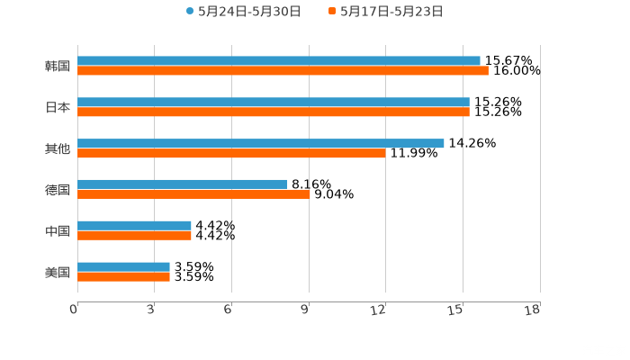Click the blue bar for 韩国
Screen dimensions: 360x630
[x=279, y=60]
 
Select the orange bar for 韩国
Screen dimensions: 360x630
[x=283, y=70]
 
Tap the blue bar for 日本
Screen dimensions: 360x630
[x=274, y=102]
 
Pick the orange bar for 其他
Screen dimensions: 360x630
[x=231, y=153]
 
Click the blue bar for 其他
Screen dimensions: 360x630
[x=261, y=143]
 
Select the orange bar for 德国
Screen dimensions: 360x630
[x=193, y=194]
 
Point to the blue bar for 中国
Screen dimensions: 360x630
[x=134, y=225]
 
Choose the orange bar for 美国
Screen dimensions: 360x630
[x=123, y=276]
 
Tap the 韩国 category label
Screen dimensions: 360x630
[x=58, y=66]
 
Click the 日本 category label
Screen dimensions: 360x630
[x=58, y=107]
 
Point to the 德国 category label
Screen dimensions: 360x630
[x=58, y=190]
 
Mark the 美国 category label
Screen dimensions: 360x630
[x=58, y=272]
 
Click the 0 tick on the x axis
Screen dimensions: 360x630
[x=75, y=310]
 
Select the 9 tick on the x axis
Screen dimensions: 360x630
[x=305, y=310]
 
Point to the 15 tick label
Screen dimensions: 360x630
[x=456, y=310]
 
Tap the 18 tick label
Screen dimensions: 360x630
[x=533, y=310]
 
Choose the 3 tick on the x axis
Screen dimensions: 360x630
[x=151, y=310]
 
